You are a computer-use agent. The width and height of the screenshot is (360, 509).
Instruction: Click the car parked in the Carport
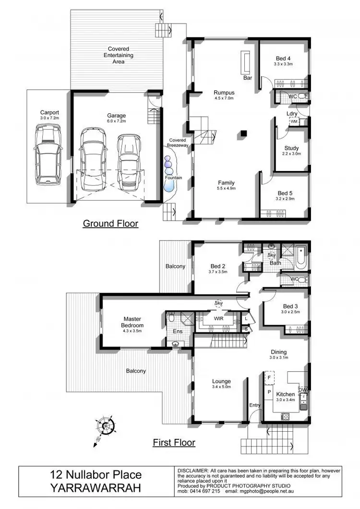48,154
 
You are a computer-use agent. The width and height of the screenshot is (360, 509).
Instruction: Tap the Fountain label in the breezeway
173,178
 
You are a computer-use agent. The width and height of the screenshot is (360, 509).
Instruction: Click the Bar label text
248,77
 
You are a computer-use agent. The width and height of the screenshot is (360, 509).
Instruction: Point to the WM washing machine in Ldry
294,122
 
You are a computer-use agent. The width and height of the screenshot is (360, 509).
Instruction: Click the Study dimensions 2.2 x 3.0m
291,154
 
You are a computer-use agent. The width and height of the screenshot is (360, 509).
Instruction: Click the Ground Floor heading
110,223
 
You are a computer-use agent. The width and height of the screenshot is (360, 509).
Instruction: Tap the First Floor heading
174,442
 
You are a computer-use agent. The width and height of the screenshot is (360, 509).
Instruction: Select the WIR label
217,317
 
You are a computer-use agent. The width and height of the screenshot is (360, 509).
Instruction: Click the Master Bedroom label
133,322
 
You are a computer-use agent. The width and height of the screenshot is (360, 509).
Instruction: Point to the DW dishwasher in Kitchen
302,389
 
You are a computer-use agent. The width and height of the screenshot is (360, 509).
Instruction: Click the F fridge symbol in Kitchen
269,377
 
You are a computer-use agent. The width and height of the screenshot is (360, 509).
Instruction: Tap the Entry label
254,405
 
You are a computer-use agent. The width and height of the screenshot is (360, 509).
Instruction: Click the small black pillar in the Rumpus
244,133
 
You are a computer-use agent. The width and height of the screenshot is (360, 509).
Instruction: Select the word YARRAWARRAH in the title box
96,488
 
